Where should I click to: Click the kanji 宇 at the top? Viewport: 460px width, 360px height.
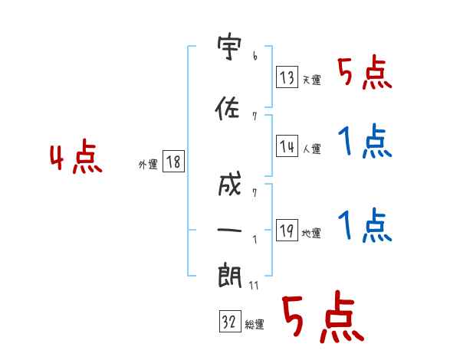229,46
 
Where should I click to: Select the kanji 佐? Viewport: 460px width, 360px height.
228,108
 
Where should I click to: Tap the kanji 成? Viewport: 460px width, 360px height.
230,184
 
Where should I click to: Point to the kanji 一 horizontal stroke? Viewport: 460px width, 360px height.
229,230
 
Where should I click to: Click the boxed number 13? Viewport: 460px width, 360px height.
287,77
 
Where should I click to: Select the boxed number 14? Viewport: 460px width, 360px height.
287,146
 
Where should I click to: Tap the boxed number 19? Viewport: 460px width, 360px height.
287,230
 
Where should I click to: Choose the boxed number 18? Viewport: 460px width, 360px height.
173,161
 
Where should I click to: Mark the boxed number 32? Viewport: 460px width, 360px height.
230,321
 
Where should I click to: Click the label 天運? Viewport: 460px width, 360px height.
311,80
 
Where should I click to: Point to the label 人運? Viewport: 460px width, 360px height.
311,149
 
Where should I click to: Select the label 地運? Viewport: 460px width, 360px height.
311,233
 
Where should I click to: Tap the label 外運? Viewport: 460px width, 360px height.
148,165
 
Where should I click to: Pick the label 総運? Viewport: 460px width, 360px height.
255,325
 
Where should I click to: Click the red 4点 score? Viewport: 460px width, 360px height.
76,156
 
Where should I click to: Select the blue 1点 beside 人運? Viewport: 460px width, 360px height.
365,141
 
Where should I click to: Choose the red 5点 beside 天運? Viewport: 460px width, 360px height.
365,72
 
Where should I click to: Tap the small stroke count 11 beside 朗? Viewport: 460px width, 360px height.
254,285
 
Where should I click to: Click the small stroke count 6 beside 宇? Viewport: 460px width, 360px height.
255,56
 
